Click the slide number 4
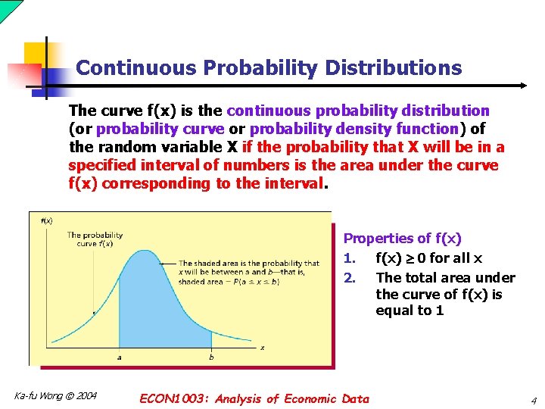pyautogui.click(x=533, y=400)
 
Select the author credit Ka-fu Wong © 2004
pyautogui.click(x=55, y=395)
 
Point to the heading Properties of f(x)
pyautogui.click(x=402, y=239)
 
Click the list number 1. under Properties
pyautogui.click(x=350, y=258)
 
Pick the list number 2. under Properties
pyautogui.click(x=350, y=278)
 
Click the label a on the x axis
pyautogui.click(x=119, y=357)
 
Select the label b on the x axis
pyautogui.click(x=211, y=357)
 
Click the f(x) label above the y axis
pyautogui.click(x=45, y=220)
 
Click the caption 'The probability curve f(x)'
pyautogui.click(x=95, y=239)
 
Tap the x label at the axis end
pyautogui.click(x=263, y=348)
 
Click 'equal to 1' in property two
pyautogui.click(x=410, y=311)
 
